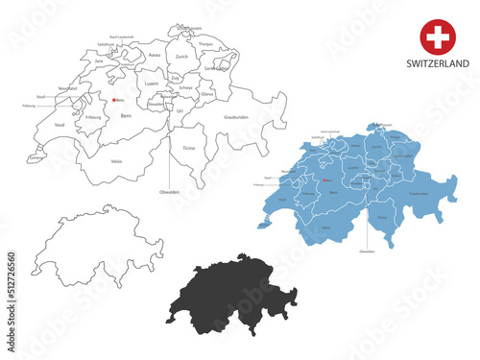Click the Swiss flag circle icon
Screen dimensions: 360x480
coord(437,37)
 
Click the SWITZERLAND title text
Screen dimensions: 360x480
coord(437,63)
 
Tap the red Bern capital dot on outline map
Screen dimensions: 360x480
coord(113,100)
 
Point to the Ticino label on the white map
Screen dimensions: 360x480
coord(187,148)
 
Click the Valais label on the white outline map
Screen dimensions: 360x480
coord(116,161)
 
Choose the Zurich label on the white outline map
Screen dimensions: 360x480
coord(182,57)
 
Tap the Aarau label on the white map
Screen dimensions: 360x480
coord(155,57)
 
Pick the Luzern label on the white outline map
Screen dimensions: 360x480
coord(151,84)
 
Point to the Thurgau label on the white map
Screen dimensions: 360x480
coord(205,44)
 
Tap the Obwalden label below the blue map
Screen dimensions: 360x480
coord(367,251)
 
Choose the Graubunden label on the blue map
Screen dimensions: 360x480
coord(418,193)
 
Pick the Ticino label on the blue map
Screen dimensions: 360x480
coord(382,217)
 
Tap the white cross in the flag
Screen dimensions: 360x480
coord(437,37)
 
